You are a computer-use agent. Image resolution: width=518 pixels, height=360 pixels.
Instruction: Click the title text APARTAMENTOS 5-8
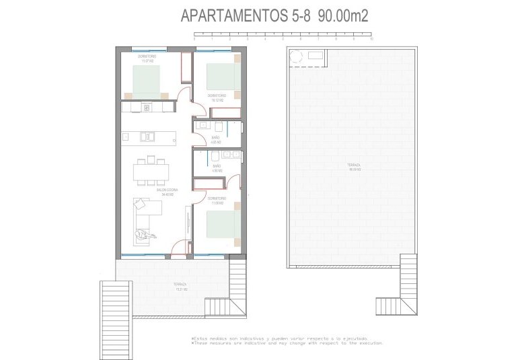click(245, 17)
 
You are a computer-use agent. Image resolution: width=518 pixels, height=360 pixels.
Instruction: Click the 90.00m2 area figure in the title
click(344, 17)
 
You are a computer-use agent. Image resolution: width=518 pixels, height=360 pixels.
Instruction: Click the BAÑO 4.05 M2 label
click(215, 141)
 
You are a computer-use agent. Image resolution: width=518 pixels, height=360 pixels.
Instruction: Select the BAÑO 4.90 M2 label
click(217, 169)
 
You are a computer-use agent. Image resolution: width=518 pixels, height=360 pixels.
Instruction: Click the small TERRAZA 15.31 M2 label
click(180, 287)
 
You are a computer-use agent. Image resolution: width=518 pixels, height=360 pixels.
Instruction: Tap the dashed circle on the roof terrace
click(295, 58)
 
